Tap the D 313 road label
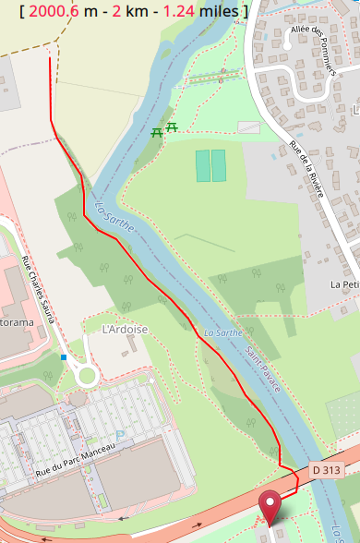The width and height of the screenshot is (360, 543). pyautogui.click(x=326, y=470)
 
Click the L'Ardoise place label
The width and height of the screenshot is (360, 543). pyautogui.click(x=125, y=329)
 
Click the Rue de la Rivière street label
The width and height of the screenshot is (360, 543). pyautogui.click(x=307, y=167)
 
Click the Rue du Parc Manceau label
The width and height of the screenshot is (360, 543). pyautogui.click(x=76, y=459)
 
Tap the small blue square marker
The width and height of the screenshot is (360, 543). pyautogui.click(x=64, y=356)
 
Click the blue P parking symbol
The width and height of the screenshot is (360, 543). pyautogui.click(x=119, y=434)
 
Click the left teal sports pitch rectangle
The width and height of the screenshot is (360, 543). pyautogui.click(x=203, y=165)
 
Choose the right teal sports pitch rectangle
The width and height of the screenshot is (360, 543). pyautogui.click(x=219, y=165)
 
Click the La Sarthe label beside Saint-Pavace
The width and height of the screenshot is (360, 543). pyautogui.click(x=222, y=332)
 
